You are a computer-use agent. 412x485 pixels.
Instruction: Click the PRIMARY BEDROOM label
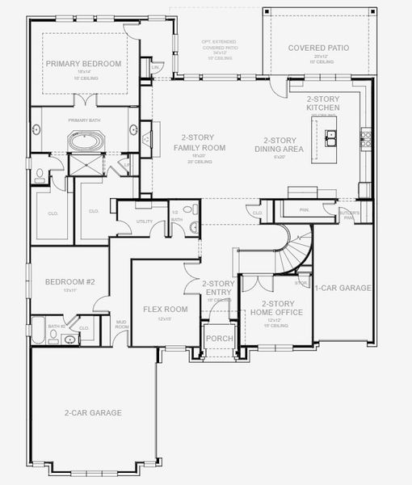83,63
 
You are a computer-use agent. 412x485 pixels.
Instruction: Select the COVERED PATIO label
319,48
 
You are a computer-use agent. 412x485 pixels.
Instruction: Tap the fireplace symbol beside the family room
146,139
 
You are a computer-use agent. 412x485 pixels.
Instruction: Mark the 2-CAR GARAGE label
93,413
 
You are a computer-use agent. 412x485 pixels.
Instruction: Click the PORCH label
219,339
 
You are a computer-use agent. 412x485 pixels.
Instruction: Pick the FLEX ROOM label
165,309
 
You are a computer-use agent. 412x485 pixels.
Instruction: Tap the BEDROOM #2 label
69,282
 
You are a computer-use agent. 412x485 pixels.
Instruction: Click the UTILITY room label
145,220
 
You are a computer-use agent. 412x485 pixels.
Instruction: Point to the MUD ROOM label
120,324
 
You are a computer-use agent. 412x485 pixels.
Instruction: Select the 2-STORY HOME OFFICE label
277,308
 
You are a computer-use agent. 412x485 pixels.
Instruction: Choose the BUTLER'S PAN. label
348,216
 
